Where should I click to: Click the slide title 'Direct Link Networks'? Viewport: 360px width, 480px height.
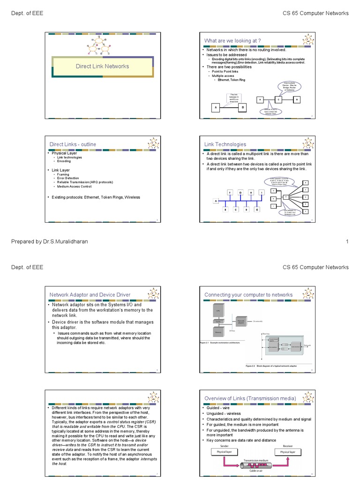[x=102, y=66]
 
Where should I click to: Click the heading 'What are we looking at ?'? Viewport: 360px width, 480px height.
[x=232, y=41]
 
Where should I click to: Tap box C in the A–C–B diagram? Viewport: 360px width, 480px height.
[x=277, y=100]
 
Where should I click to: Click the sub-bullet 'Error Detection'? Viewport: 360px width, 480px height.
[x=68, y=178]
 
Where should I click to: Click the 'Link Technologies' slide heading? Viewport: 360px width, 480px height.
[x=225, y=144]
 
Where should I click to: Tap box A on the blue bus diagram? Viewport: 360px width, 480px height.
[x=216, y=201]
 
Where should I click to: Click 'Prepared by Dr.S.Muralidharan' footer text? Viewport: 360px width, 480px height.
[x=49, y=241]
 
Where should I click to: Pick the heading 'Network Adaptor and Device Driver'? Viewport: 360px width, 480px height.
[x=90, y=295]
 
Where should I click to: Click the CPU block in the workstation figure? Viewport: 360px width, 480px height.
[x=218, y=310]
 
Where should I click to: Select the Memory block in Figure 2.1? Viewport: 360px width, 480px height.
[x=218, y=332]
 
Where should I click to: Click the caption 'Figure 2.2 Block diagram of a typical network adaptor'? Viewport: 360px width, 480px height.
[x=272, y=365]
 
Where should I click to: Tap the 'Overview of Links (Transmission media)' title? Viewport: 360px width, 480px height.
[x=250, y=398]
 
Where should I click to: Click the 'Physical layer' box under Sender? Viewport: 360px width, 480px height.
[x=224, y=452]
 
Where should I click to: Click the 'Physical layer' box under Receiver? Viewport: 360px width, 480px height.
[x=291, y=452]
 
